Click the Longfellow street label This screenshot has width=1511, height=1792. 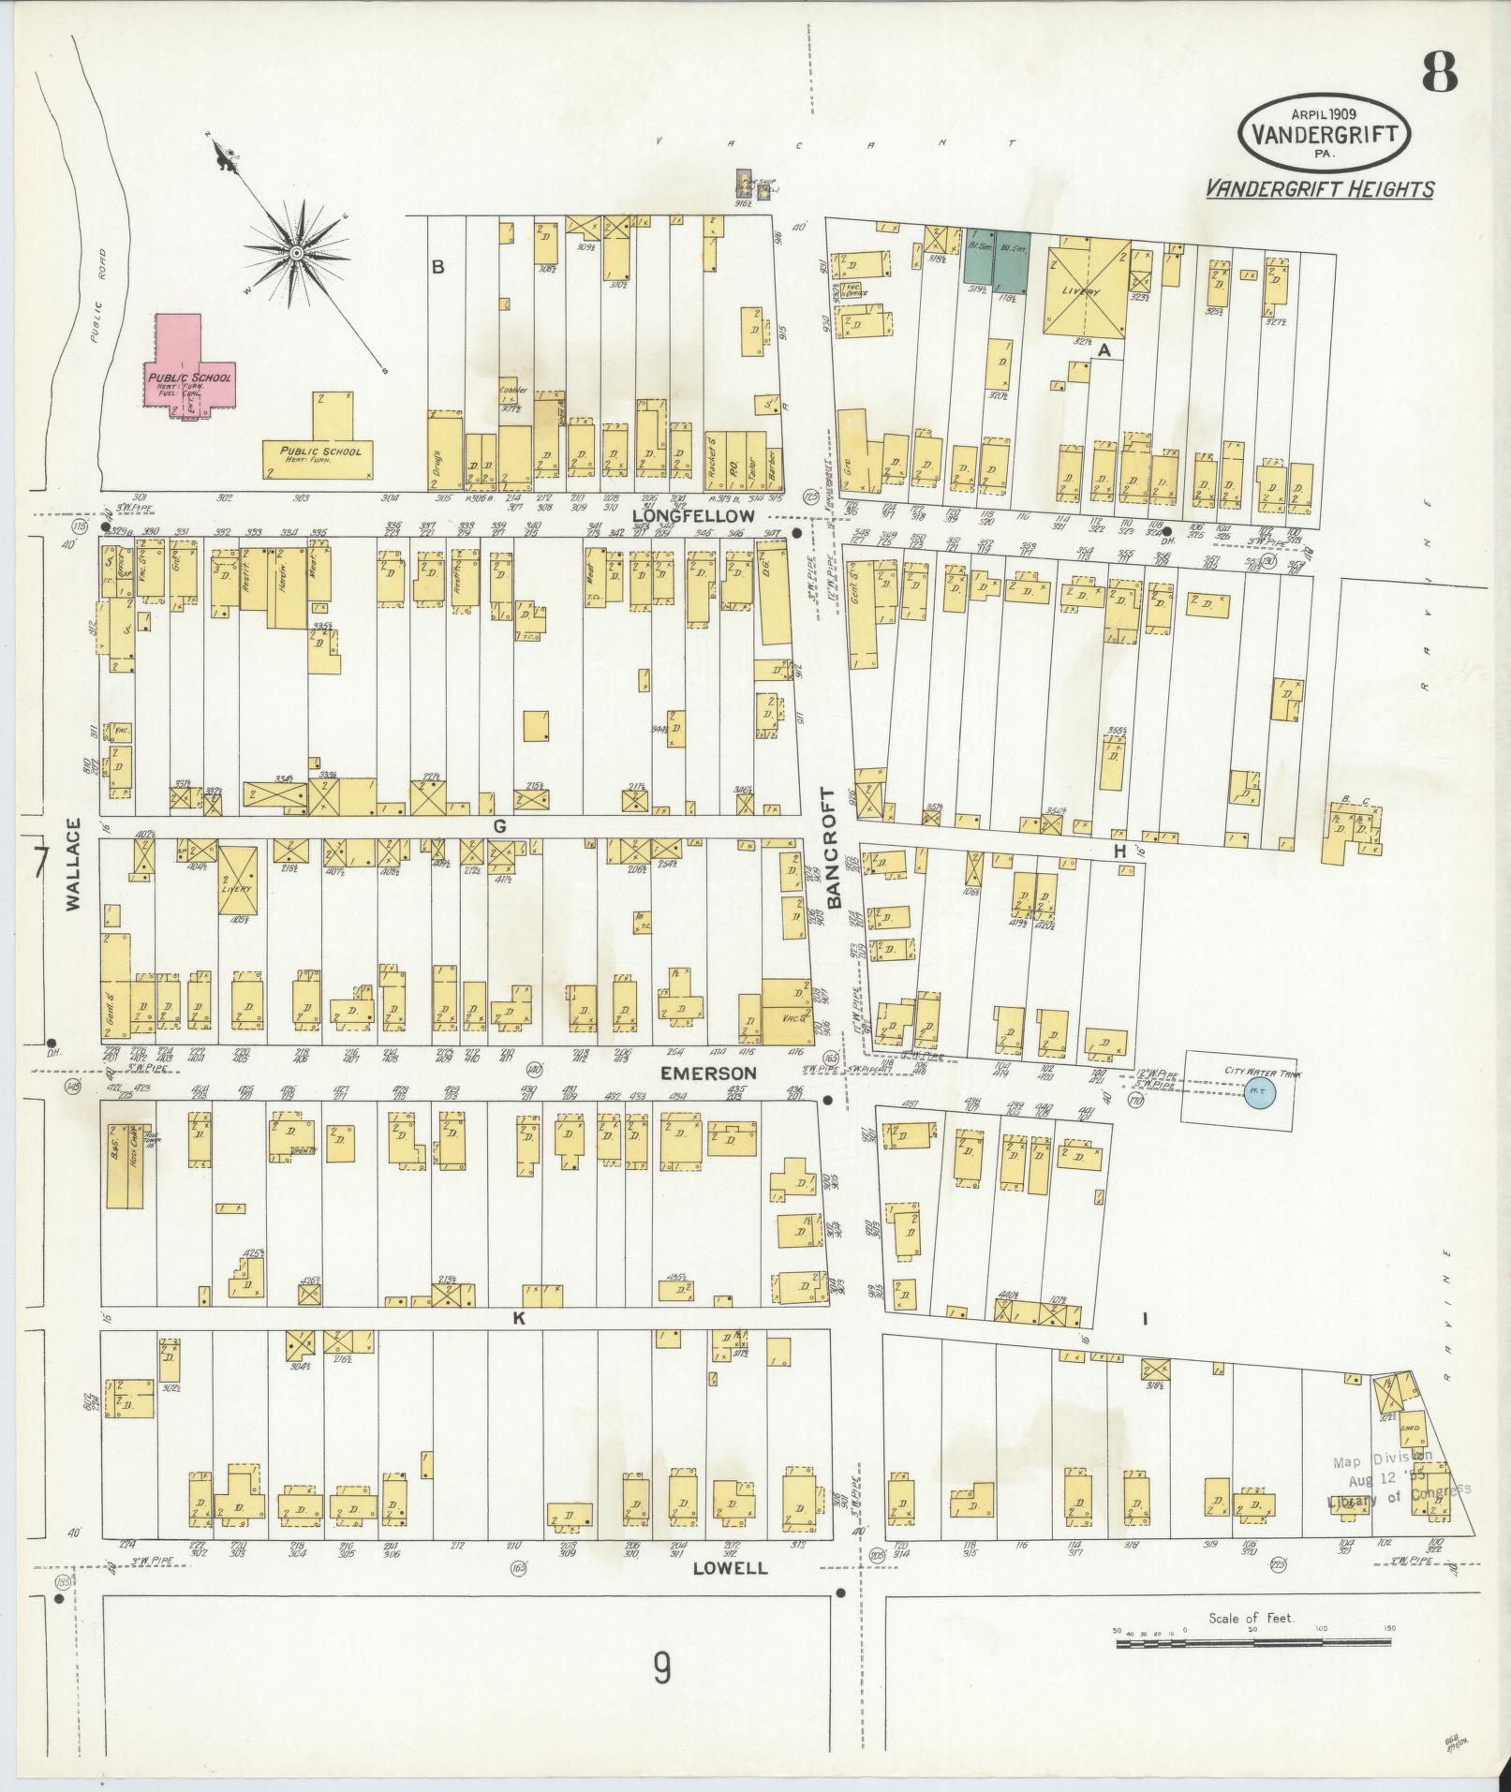pos(692,515)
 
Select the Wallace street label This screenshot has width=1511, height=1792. pos(73,864)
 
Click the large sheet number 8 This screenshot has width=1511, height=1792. pos(1439,72)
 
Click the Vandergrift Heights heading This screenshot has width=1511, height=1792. pos(1319,189)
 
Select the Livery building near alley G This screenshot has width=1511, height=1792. pos(237,881)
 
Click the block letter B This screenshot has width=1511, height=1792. pos(437,267)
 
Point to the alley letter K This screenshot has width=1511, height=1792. pos(517,1317)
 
